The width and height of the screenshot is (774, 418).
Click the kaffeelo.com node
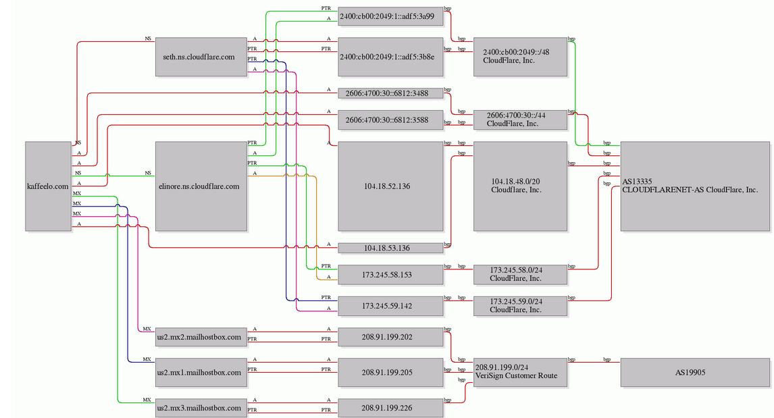[49, 186]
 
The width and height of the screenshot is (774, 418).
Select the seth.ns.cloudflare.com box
[201, 57]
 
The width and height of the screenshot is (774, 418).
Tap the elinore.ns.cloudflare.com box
[201, 186]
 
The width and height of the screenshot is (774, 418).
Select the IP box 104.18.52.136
[390, 186]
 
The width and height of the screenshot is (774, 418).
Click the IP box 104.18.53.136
[390, 248]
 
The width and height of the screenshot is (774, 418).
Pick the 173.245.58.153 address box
[390, 274]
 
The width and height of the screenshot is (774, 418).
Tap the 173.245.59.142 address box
[390, 305]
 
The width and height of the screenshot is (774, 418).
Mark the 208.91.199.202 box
[390, 337]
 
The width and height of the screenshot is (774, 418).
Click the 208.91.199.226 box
[390, 408]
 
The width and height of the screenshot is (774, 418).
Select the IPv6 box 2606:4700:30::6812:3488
[390, 93]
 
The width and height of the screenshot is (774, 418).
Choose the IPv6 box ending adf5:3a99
[390, 16]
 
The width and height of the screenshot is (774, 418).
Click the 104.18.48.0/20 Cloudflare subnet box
[520, 186]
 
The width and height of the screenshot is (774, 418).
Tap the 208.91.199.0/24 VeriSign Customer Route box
[520, 372]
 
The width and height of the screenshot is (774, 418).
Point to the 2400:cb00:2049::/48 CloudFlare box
[520, 57]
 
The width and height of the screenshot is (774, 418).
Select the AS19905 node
[695, 372]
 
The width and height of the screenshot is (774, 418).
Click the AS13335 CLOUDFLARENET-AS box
[695, 186]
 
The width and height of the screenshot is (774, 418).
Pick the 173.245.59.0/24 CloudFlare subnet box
[520, 305]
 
